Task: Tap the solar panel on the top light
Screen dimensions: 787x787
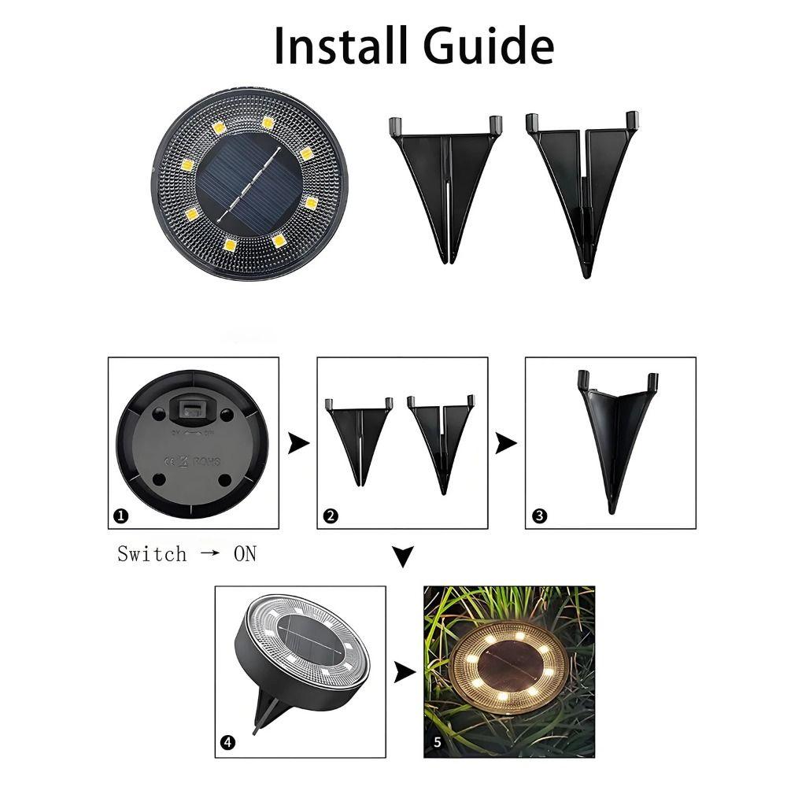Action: click(x=247, y=182)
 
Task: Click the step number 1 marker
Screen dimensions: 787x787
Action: click(x=120, y=516)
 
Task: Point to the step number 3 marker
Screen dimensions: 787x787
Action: click(x=539, y=516)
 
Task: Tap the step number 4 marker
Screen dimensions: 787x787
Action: click(x=227, y=741)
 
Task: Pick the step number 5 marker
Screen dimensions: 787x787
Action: click(x=438, y=741)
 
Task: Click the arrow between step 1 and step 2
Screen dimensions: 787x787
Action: click(x=298, y=444)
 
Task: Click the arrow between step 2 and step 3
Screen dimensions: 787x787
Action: click(x=506, y=444)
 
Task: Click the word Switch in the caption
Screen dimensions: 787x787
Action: click(x=152, y=554)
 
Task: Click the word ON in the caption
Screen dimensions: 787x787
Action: click(x=245, y=554)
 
